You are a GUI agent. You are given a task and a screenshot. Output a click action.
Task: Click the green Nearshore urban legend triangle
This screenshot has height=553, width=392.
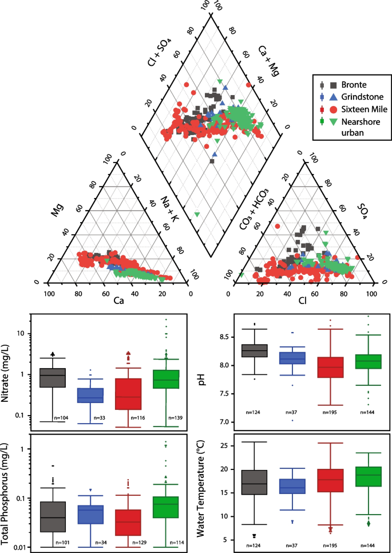click(x=333, y=121)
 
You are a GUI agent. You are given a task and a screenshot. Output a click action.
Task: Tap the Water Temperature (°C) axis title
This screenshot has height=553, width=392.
click(x=201, y=491)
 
